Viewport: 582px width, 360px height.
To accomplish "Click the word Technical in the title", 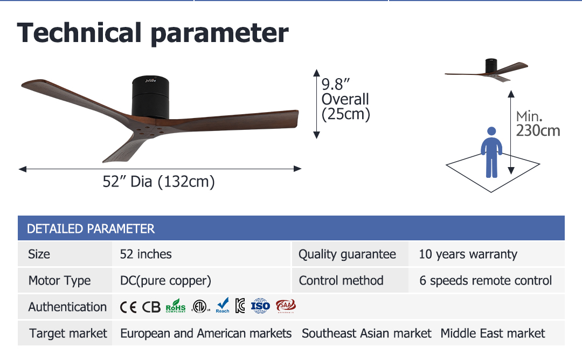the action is click(79, 33).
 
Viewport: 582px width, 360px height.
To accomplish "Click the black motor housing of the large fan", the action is click(150, 97).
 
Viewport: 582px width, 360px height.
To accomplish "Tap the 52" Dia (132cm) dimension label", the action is click(158, 182).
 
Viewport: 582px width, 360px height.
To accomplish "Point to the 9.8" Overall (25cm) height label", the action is click(345, 100).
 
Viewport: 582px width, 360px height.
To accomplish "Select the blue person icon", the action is click(491, 152).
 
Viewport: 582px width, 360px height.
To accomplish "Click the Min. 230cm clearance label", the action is click(538, 123).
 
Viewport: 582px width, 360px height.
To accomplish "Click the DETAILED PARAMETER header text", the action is click(91, 229).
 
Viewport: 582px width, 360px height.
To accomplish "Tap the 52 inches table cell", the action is click(145, 254).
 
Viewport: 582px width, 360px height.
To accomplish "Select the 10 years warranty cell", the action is click(468, 254).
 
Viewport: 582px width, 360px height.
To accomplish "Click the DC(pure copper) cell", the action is click(165, 281).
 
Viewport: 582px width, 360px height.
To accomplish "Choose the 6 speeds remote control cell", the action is click(486, 281).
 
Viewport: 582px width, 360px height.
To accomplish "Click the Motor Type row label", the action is click(59, 281).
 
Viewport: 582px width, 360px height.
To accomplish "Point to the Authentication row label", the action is click(67, 307).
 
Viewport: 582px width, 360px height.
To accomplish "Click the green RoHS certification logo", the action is click(176, 306).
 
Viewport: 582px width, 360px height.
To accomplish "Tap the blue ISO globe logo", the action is click(260, 306).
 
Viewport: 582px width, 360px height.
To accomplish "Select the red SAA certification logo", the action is click(286, 306).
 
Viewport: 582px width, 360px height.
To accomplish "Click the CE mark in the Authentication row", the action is click(128, 307).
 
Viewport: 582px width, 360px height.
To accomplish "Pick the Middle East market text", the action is click(493, 333).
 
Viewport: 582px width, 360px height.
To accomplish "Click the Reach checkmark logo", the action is click(223, 306).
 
